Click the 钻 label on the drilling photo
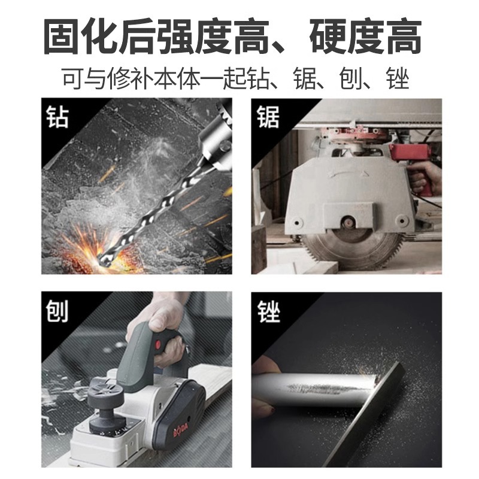(57, 117)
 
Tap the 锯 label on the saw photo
(268, 117)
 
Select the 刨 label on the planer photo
(57, 311)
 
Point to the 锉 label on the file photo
(268, 311)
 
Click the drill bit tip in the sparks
(102, 259)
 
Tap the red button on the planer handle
(158, 345)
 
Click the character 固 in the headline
(63, 37)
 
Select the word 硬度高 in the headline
(366, 37)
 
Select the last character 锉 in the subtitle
(397, 79)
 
